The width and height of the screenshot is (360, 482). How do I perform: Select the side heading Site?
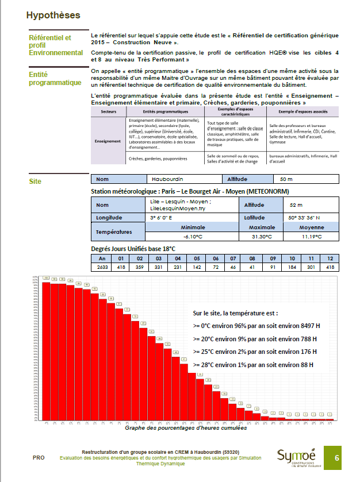click(35, 182)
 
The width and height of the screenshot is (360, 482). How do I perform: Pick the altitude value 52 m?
click(296, 205)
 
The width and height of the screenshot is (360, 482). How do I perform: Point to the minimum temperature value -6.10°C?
click(192, 236)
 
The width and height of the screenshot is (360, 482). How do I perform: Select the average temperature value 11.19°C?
click(312, 236)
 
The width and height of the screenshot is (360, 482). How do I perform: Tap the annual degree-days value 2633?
click(101, 267)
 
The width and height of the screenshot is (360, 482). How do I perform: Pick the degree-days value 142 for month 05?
click(196, 267)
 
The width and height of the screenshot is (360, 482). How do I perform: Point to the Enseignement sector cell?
click(108, 141)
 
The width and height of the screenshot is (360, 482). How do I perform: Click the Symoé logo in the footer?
click(296, 458)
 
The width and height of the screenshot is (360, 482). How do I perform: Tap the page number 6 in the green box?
click(337, 458)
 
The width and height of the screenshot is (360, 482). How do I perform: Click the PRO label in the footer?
click(39, 458)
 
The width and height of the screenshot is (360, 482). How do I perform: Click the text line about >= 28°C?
click(253, 364)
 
